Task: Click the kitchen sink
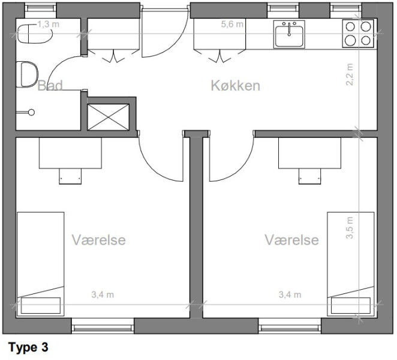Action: [289, 34]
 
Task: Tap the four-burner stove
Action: [358, 34]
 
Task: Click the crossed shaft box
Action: [108, 117]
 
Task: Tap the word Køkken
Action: [236, 86]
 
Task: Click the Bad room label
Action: [50, 85]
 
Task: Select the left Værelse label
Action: [99, 239]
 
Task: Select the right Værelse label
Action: [291, 239]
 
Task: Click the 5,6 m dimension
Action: [232, 25]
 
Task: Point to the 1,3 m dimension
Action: [49, 25]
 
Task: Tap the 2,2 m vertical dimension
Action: [350, 74]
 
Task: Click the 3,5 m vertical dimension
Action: [350, 228]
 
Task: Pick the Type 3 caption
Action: [28, 347]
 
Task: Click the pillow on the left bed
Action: [41, 306]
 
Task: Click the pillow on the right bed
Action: [351, 306]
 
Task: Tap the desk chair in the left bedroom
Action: [70, 176]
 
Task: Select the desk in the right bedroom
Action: [309, 153]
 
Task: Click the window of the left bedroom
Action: [103, 326]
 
